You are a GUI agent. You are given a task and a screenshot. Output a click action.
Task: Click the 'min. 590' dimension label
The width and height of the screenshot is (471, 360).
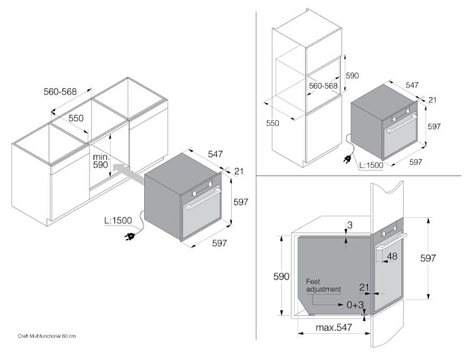point(100,161)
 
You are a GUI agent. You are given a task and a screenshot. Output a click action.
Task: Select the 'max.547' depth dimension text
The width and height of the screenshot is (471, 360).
point(333,327)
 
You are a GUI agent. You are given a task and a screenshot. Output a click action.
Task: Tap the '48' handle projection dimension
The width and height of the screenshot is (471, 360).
point(392,256)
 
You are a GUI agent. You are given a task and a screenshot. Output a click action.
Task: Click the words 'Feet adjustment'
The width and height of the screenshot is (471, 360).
point(324,285)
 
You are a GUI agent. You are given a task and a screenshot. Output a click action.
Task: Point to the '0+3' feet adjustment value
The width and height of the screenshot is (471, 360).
point(355,305)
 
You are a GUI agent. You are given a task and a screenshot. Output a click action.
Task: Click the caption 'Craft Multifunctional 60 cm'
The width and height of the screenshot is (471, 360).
point(46,336)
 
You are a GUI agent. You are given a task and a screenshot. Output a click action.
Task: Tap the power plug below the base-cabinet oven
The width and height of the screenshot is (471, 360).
point(129,237)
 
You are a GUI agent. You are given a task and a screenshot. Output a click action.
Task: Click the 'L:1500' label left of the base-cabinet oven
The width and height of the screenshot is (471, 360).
point(118,220)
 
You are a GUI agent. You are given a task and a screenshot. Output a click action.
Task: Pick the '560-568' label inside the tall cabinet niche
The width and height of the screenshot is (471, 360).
point(323,86)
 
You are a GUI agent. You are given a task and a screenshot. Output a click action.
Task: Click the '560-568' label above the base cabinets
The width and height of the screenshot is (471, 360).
point(60,92)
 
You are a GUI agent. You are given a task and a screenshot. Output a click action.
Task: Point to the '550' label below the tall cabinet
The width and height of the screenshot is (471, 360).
point(272,123)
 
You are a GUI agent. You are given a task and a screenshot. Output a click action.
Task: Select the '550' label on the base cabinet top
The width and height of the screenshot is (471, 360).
point(76,118)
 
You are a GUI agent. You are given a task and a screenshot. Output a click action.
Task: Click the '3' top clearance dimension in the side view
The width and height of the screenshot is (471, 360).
point(350,225)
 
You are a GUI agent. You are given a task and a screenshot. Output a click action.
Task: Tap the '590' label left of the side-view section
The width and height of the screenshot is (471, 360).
point(281,276)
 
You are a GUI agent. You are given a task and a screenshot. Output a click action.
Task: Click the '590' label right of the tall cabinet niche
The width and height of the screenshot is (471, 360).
point(352,75)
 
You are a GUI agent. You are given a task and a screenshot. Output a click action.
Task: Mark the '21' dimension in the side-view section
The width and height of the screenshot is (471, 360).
point(364,288)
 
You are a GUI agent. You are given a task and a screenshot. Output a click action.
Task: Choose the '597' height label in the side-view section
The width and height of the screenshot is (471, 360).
point(428,258)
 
